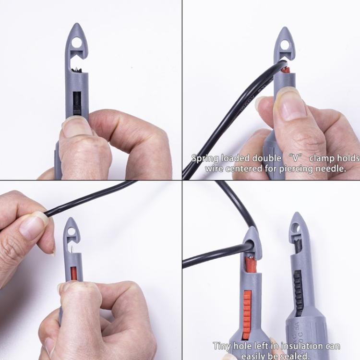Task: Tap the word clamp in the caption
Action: point(324,159)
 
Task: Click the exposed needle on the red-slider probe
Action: point(70,250)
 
